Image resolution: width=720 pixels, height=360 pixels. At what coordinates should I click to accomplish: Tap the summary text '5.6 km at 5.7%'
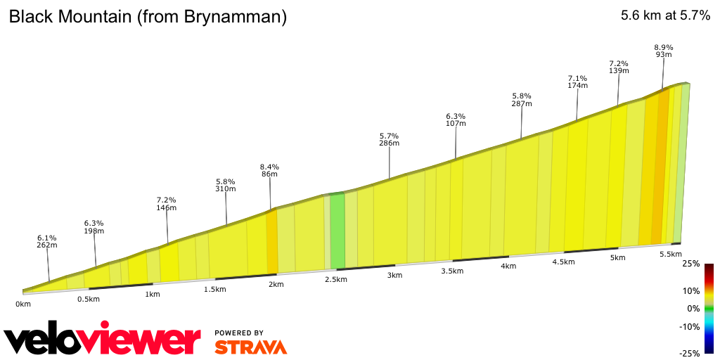[665, 16]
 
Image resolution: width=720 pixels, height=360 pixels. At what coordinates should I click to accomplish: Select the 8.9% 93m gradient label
[664, 51]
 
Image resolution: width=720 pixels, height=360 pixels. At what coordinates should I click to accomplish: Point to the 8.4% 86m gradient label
[269, 169]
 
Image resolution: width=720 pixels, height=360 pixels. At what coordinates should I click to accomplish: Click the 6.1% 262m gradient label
[47, 241]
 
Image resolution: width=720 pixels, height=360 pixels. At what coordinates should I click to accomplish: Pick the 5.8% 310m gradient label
[226, 185]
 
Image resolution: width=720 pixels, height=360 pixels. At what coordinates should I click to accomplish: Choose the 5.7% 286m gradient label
[389, 139]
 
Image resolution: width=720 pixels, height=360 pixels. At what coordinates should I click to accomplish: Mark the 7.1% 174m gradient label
[577, 82]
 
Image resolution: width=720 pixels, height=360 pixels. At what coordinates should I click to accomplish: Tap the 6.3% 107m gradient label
[456, 120]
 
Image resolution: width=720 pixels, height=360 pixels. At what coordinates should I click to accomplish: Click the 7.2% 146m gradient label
[166, 204]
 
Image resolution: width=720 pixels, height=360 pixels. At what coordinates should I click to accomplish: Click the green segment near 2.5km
[337, 231]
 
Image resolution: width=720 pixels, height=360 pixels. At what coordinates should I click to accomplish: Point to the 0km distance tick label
[23, 304]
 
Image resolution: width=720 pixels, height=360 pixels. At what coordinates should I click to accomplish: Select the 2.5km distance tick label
[335, 280]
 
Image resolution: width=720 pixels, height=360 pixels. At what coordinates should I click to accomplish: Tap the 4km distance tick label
[508, 266]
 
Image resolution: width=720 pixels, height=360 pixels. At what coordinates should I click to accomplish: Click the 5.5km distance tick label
[670, 254]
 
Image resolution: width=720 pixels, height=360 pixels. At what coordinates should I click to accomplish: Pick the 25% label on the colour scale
[690, 264]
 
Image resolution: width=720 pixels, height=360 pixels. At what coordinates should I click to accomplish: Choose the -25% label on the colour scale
[689, 353]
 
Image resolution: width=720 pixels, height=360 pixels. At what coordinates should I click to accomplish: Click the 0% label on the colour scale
[693, 309]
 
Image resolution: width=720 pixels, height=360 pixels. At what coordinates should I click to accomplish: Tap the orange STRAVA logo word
[250, 347]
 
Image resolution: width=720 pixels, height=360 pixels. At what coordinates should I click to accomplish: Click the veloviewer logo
[103, 341]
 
